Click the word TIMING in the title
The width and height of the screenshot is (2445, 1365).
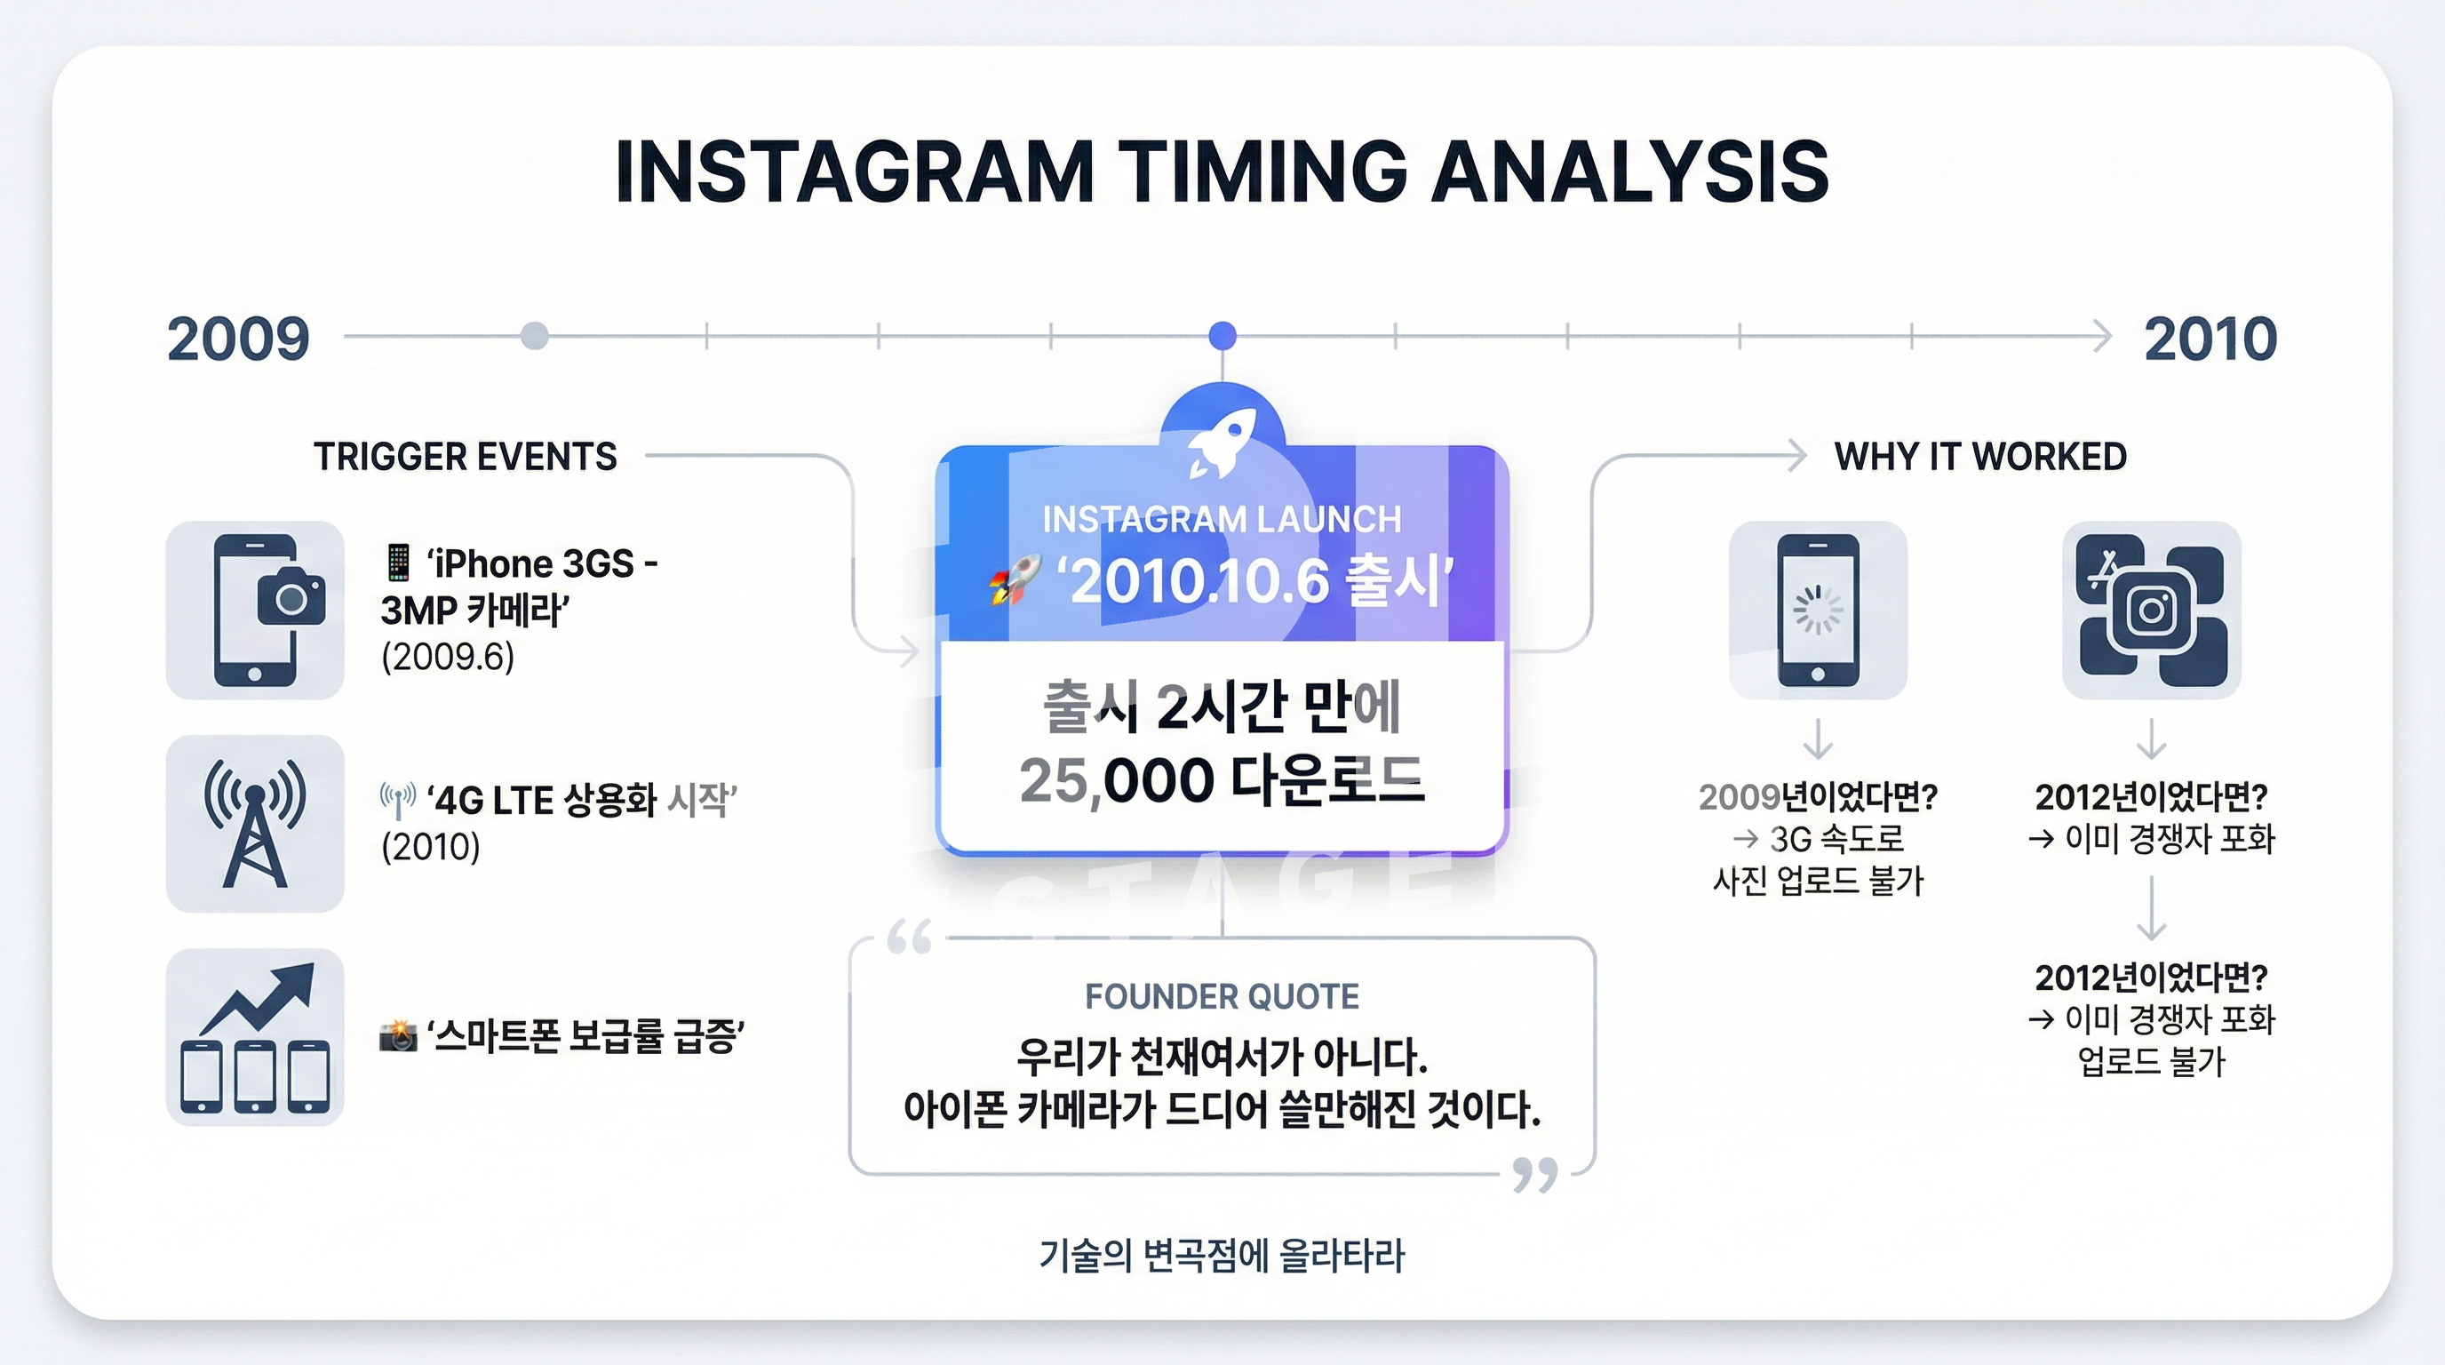tap(1262, 172)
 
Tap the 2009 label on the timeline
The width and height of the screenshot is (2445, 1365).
tap(238, 339)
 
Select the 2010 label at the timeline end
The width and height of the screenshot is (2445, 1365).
tap(2210, 339)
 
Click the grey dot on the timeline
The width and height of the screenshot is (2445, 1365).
tap(534, 335)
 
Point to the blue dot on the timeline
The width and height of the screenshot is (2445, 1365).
tap(1222, 335)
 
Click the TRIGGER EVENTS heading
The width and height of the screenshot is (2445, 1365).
tap(465, 457)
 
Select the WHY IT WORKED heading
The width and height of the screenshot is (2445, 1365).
tap(1981, 457)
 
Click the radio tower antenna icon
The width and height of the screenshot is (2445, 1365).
tap(254, 823)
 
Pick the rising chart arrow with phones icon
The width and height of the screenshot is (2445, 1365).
tap(254, 1037)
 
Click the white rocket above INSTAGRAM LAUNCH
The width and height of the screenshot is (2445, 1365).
tap(1222, 443)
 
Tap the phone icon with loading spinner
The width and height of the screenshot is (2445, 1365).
tap(1818, 610)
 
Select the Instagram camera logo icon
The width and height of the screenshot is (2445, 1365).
tap(2152, 610)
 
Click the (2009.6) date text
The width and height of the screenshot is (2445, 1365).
tap(448, 656)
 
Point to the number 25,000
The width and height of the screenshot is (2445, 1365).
tap(1117, 780)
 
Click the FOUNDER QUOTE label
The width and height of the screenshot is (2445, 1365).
tap(1222, 997)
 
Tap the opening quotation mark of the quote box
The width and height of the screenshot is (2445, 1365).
tap(909, 937)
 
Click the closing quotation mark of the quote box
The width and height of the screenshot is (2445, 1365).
tap(1534, 1175)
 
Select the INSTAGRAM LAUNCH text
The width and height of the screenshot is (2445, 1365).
tap(1222, 519)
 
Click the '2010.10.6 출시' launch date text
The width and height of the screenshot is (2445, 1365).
tap(1262, 581)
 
